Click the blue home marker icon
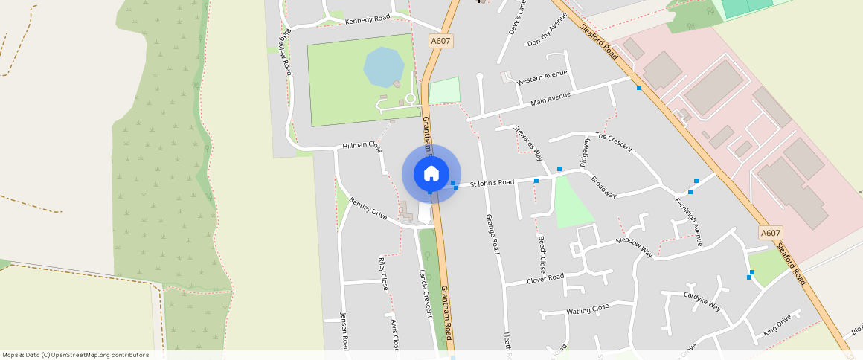(431, 173)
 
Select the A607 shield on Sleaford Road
(770, 234)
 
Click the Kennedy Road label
(368, 19)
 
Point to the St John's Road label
(491, 182)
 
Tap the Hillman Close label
(362, 146)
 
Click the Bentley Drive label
(368, 209)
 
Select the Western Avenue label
(542, 77)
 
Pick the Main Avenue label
(551, 97)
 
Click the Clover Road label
(545, 279)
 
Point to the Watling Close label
(588, 308)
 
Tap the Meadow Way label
(634, 247)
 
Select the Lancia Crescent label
(426, 293)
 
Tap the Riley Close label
(384, 273)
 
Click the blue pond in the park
(384, 67)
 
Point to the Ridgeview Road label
(283, 53)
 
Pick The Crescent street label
(614, 142)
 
